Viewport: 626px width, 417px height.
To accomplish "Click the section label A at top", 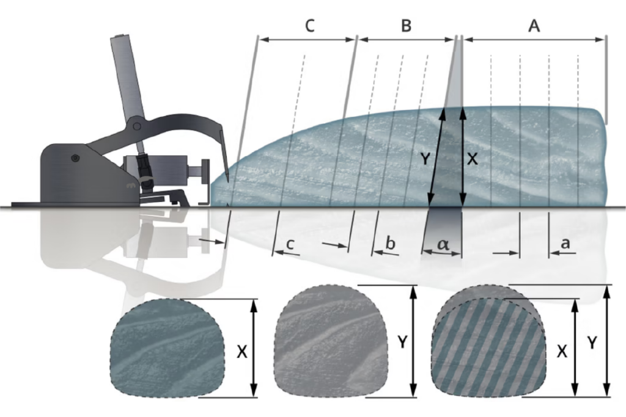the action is (x=534, y=26).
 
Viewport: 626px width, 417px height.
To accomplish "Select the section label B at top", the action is (x=406, y=26).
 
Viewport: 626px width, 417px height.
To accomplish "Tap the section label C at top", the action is (x=310, y=26).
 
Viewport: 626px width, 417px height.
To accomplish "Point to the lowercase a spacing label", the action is (x=565, y=243).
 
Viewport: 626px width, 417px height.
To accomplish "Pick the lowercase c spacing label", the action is (x=290, y=244).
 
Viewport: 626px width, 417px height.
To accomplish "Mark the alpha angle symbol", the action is (x=443, y=244).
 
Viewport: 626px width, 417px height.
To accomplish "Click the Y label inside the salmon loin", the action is (x=425, y=159).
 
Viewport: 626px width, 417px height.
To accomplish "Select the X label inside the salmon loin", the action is (x=473, y=159).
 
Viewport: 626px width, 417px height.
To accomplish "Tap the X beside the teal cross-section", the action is (x=242, y=352).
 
